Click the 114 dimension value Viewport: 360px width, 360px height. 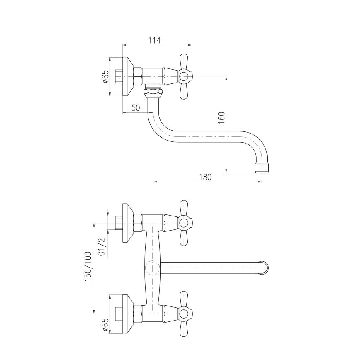[x=154, y=40]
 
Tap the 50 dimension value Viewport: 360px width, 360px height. [x=136, y=108]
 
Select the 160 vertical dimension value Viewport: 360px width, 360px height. [x=221, y=118]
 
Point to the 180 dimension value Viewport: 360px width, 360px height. [x=205, y=177]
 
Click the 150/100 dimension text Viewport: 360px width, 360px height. [x=88, y=267]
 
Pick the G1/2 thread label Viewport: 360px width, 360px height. [x=101, y=247]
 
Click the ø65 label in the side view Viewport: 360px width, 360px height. [x=105, y=77]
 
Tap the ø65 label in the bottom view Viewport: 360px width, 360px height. [x=105, y=325]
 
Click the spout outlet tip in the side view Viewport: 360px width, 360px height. [x=262, y=168]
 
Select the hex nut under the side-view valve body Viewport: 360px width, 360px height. [x=153, y=92]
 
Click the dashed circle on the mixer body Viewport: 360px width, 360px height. [x=153, y=268]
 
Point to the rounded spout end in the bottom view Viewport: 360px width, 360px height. [x=265, y=268]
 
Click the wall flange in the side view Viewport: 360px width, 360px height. [x=128, y=76]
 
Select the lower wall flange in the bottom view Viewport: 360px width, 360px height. [x=128, y=314]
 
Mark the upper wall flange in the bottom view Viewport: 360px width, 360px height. [x=128, y=223]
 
